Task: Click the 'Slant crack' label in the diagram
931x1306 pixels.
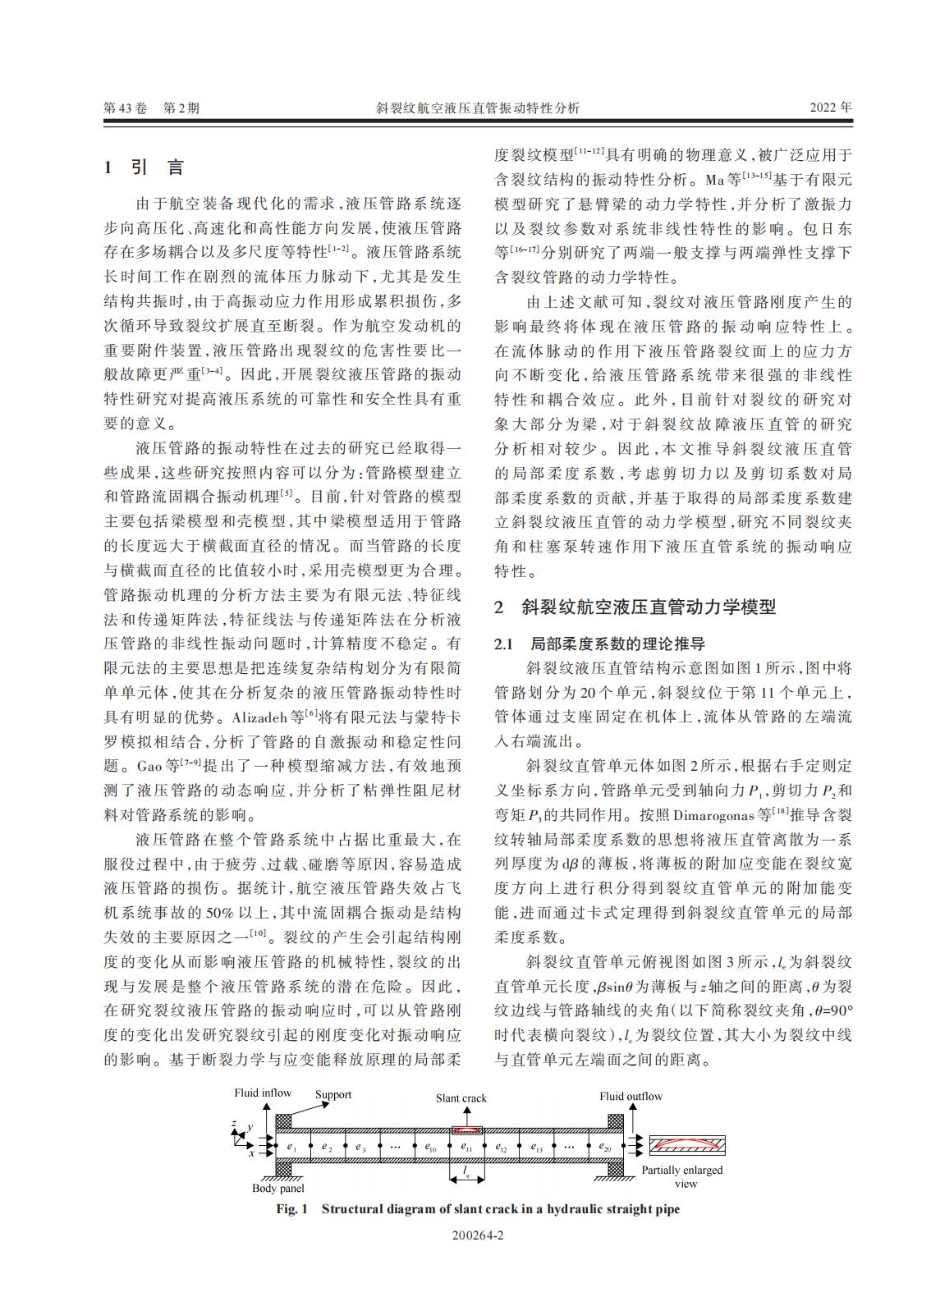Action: [x=461, y=1097]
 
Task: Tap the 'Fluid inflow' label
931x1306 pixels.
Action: [x=263, y=1093]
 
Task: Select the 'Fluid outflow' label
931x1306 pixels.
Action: [x=631, y=1096]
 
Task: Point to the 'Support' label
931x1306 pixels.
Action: [x=333, y=1094]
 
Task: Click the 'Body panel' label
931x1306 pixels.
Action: [x=277, y=1188]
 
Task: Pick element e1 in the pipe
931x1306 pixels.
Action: [x=291, y=1146]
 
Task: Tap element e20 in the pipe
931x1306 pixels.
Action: [x=604, y=1146]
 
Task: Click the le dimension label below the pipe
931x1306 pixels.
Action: [x=466, y=1175]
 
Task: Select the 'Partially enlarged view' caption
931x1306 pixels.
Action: [x=682, y=1176]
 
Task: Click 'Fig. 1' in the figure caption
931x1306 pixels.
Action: [x=291, y=1209]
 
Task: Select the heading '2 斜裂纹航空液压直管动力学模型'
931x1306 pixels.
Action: [x=635, y=607]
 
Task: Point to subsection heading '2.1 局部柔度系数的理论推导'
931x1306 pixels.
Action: [x=599, y=644]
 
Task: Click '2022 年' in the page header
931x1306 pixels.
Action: [x=831, y=108]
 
